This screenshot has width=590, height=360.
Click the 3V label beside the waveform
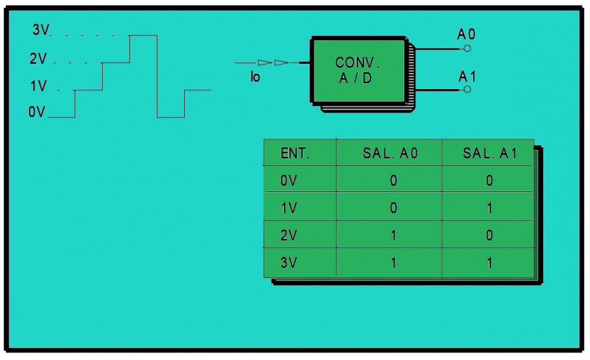41,31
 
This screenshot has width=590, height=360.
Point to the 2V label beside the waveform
38,59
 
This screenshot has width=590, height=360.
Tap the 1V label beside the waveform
38,87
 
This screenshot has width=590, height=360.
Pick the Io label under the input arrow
255,77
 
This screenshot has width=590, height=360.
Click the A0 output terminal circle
467,48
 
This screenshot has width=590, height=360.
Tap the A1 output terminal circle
467,90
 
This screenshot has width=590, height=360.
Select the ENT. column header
295,154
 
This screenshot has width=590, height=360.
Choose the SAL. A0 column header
390,154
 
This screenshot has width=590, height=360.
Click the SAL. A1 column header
489,154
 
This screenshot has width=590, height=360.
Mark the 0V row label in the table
289,181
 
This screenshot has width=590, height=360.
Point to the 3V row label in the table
289,263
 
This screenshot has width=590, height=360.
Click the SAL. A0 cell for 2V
394,235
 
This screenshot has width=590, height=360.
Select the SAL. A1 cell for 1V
489,208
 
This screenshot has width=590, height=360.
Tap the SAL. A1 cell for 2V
489,235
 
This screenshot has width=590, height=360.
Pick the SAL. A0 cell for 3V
394,263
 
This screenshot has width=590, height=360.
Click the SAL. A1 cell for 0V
489,181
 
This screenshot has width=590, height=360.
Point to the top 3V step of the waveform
143,35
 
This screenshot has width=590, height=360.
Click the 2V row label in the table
289,235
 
